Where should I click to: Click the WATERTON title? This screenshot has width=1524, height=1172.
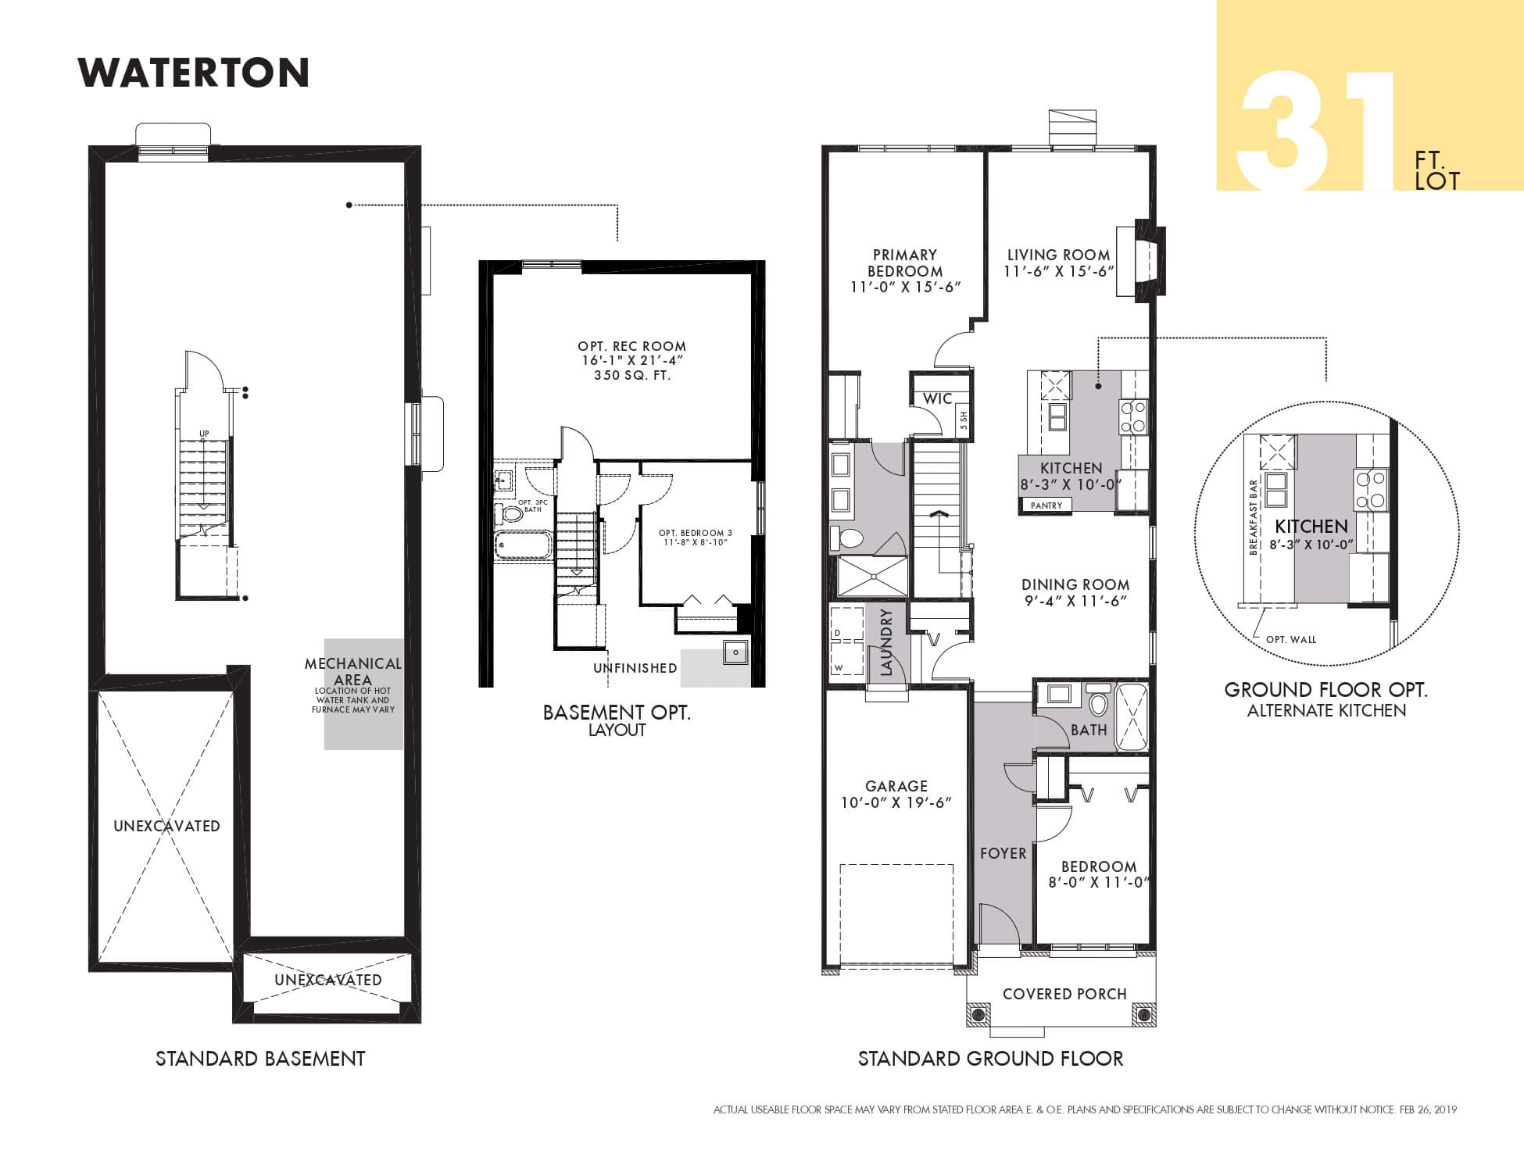[194, 73]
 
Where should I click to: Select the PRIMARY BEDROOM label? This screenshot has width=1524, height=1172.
[905, 263]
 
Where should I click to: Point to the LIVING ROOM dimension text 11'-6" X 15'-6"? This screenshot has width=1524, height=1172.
[1059, 272]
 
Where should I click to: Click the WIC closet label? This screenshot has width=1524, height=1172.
[937, 398]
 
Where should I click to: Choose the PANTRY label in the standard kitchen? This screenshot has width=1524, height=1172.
[1046, 506]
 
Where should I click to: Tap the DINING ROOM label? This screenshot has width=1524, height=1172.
[1075, 584]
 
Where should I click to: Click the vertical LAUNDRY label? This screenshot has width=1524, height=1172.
[886, 642]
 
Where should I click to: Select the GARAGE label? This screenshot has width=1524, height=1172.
[896, 786]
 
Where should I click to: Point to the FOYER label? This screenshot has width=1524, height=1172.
[1003, 854]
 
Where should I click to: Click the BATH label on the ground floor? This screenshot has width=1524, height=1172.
[1089, 730]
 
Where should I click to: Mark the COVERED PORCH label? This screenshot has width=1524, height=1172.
[1064, 994]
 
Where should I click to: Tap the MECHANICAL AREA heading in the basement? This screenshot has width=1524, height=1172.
[353, 672]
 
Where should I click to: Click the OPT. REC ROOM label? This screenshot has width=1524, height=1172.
[631, 346]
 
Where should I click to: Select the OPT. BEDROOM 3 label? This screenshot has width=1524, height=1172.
[696, 534]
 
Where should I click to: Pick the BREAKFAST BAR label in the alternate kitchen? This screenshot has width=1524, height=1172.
[1254, 517]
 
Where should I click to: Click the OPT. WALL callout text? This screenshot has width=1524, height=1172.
[1291, 640]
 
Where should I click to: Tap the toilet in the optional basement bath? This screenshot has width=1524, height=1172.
[510, 514]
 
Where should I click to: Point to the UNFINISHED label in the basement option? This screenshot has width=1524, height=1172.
[635, 668]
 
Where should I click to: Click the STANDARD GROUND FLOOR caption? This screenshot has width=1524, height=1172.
[991, 1059]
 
